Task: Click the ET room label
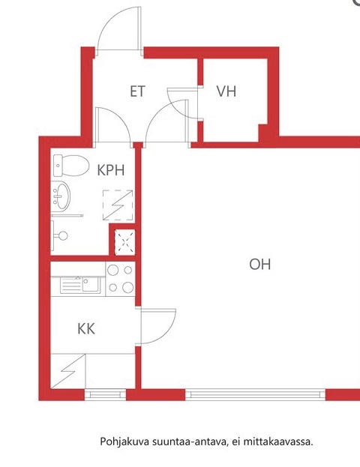tap(137, 91)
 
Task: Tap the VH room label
tap(226, 91)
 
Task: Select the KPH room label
tap(111, 170)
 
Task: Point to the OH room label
tap(260, 265)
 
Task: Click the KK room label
tap(86, 329)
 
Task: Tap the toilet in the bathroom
tap(71, 166)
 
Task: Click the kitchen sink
tap(80, 285)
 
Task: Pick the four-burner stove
tap(121, 279)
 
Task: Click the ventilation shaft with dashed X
tap(124, 242)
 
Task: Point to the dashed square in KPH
tap(118, 205)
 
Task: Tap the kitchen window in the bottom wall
tap(106, 394)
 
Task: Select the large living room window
tap(255, 394)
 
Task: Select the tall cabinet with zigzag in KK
tap(68, 371)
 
